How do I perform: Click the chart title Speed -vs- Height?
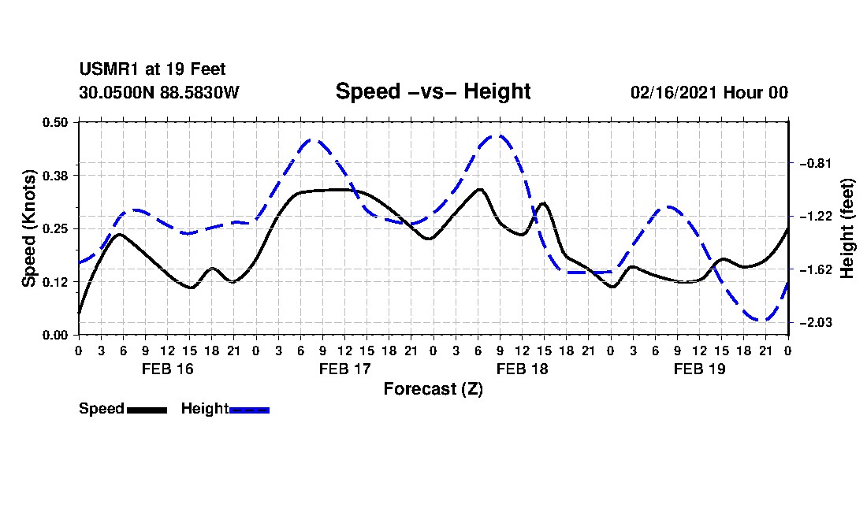(x=433, y=91)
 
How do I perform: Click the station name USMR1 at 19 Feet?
(x=152, y=69)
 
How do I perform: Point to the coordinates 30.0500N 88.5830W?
(x=159, y=92)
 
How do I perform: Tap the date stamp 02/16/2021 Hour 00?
(x=709, y=92)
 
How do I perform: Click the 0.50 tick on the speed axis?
(x=55, y=122)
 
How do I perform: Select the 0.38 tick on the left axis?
(x=55, y=176)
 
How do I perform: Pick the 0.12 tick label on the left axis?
(x=55, y=282)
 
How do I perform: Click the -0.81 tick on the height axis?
(x=815, y=164)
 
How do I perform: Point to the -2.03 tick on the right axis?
(x=815, y=322)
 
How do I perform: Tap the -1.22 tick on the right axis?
(x=815, y=217)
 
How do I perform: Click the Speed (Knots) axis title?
(x=28, y=228)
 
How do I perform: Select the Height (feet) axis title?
(x=847, y=228)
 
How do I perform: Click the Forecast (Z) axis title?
(x=433, y=389)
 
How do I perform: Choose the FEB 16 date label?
(x=168, y=369)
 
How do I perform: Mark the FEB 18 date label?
(x=522, y=369)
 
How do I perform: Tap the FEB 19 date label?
(x=699, y=369)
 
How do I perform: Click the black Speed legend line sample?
(x=147, y=410)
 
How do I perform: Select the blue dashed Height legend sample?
(x=249, y=410)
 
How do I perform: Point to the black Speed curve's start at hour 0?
(x=79, y=314)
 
